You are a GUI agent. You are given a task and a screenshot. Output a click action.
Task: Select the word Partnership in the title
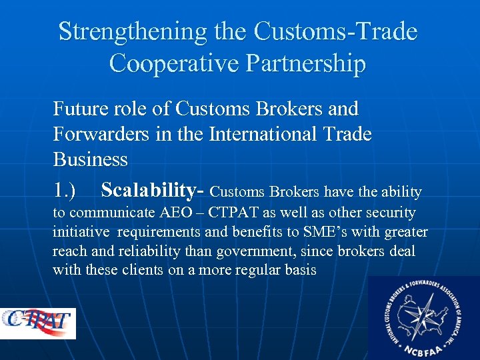(306, 63)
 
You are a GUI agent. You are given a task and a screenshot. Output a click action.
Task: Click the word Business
(90, 160)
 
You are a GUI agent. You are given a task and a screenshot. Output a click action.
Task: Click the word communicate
(110, 213)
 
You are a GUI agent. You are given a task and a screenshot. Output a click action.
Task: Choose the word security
(387, 213)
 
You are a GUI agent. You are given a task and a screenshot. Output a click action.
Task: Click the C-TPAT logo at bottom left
(39, 323)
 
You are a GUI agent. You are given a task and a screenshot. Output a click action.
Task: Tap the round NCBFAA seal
(423, 317)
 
